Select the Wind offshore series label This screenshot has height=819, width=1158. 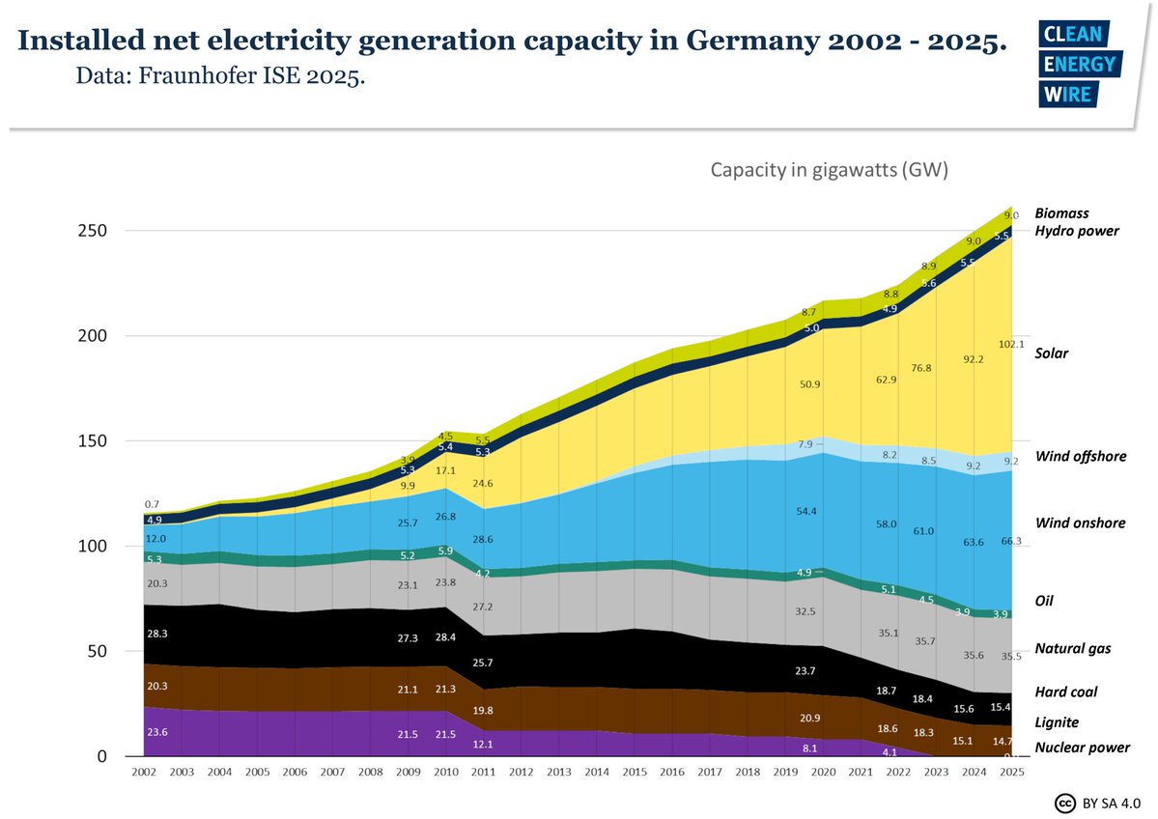(x=1080, y=456)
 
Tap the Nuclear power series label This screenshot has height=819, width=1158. (x=1082, y=748)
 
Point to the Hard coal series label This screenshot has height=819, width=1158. (x=1065, y=692)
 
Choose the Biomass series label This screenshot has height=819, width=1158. (x=1061, y=212)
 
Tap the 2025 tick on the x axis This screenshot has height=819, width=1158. (x=1011, y=774)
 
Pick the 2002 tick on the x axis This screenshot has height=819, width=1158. (x=144, y=774)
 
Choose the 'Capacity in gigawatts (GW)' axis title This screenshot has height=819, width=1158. (x=830, y=170)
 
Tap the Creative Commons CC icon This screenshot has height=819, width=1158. (x=1065, y=804)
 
